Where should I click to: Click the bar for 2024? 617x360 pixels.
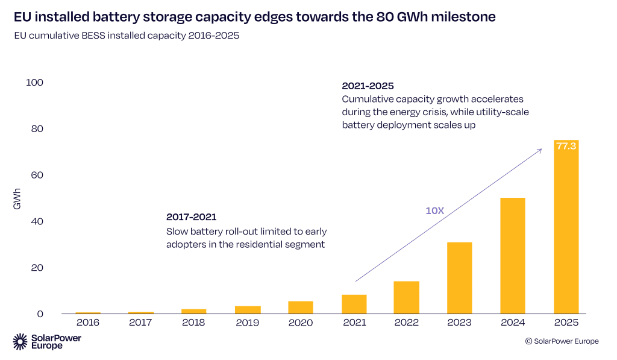pos(512,256)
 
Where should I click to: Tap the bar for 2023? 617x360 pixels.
pos(459,278)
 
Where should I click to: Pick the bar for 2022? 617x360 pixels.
pos(407,297)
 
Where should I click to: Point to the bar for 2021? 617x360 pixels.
pos(354,304)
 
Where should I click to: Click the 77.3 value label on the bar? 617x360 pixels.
pos(566,146)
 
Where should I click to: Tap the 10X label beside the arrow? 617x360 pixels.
pos(434,210)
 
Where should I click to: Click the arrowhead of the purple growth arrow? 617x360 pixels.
pos(539,150)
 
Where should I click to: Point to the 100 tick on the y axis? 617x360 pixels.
pos(35,83)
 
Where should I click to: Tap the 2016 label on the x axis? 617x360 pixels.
pos(88,323)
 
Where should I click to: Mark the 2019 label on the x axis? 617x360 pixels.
pos(248,323)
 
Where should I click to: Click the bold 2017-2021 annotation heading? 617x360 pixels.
pos(191,216)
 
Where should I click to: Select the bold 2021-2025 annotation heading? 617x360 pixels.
pos(368,86)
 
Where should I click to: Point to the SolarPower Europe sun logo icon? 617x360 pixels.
pos(20,341)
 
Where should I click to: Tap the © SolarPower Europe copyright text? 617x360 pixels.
pos(562,341)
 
